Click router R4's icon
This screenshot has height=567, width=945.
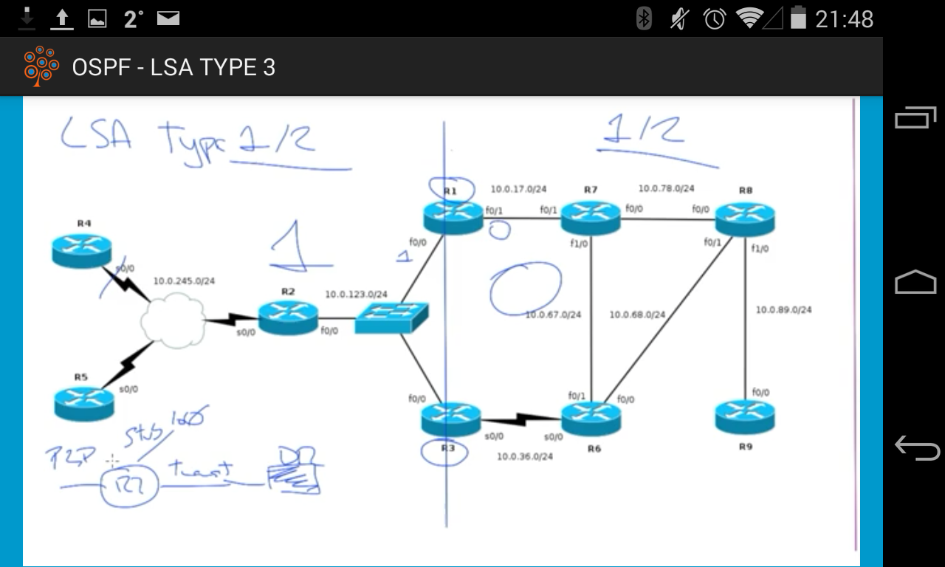(x=82, y=250)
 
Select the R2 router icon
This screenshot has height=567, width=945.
(x=288, y=317)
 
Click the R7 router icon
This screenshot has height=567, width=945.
(x=591, y=216)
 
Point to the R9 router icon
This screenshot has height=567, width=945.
(x=745, y=417)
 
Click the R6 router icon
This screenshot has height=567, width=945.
(x=591, y=418)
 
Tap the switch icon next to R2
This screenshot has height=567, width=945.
(x=391, y=317)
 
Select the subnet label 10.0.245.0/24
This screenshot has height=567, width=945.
(x=184, y=281)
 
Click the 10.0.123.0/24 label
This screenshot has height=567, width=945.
(x=356, y=295)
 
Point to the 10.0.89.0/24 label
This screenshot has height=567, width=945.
(x=783, y=310)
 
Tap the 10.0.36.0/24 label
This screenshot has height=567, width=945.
(x=524, y=457)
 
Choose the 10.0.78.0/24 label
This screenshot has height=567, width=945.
(x=666, y=189)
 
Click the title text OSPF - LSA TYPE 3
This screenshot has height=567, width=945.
(x=173, y=68)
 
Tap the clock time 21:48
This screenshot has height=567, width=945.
(x=844, y=18)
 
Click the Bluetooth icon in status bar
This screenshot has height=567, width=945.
(x=644, y=18)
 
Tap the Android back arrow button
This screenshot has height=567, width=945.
(x=916, y=447)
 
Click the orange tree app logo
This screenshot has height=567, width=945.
(x=41, y=66)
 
